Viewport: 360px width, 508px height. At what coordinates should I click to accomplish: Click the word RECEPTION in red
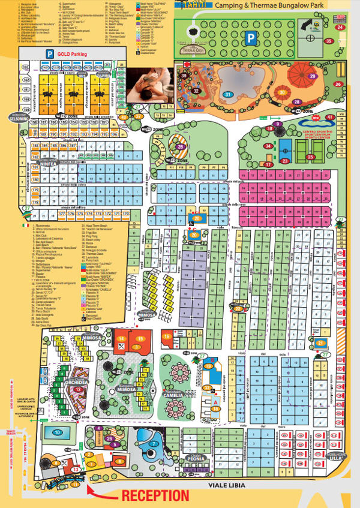[x=156, y=495]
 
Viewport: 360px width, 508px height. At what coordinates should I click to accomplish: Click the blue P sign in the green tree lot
[x=250, y=37]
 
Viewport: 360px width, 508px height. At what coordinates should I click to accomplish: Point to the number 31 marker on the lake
[x=228, y=94]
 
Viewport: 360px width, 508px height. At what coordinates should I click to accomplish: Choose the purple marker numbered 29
[x=311, y=77]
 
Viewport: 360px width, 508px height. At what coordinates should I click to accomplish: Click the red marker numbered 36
[x=338, y=84]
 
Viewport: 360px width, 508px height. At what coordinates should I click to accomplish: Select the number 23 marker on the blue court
[x=285, y=161]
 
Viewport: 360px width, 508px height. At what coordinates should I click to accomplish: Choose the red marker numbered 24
[x=340, y=28]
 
